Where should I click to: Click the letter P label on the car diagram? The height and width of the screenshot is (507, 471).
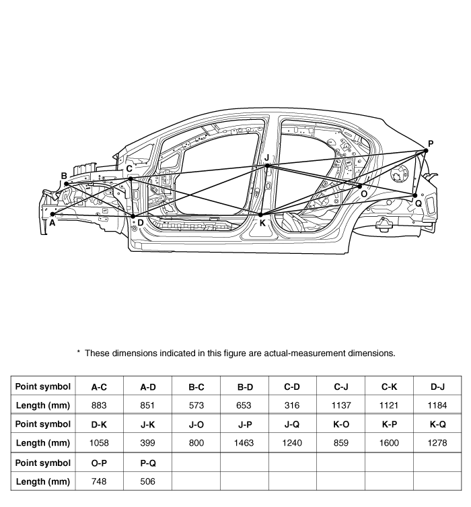(x=431, y=143)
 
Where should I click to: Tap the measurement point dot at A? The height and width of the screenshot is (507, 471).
(x=52, y=214)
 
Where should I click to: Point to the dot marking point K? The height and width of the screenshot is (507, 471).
(x=261, y=215)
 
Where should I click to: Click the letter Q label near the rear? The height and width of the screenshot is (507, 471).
(x=418, y=203)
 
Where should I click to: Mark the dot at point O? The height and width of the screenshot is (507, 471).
(x=360, y=186)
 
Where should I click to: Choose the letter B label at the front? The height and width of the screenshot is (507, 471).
(x=64, y=176)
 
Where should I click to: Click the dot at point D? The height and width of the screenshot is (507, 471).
(x=133, y=215)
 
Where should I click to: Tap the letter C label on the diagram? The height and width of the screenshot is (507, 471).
(x=129, y=169)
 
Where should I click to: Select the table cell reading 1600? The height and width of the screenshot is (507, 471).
(x=389, y=442)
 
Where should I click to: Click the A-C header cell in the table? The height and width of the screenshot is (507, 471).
(x=100, y=386)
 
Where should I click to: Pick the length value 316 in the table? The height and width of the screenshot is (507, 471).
(x=292, y=405)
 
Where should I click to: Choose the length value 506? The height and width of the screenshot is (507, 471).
(x=148, y=481)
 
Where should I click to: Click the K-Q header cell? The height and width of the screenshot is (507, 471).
(x=437, y=424)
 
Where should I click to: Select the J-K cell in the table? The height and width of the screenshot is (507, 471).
(x=148, y=424)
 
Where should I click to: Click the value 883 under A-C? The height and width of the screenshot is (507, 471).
(x=100, y=405)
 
